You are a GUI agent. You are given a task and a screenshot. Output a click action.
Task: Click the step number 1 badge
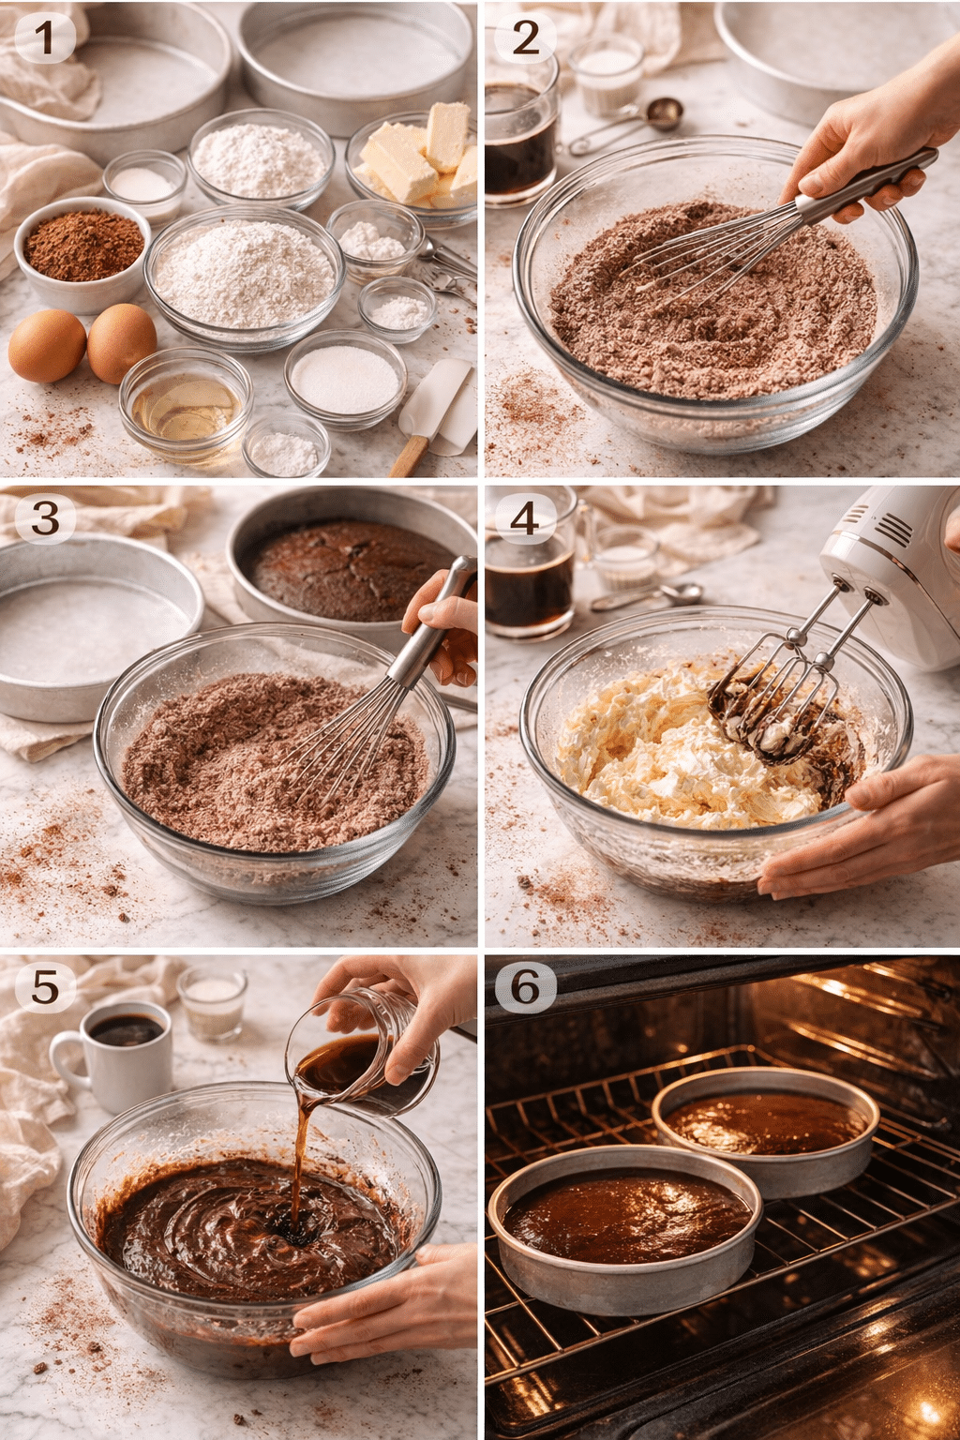(43, 37)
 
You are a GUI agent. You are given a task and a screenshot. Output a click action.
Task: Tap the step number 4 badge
(524, 517)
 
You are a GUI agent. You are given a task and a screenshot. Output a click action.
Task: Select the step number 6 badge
(525, 986)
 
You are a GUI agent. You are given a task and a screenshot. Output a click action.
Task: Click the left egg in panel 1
(47, 346)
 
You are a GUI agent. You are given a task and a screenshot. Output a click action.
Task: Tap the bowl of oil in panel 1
(186, 403)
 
